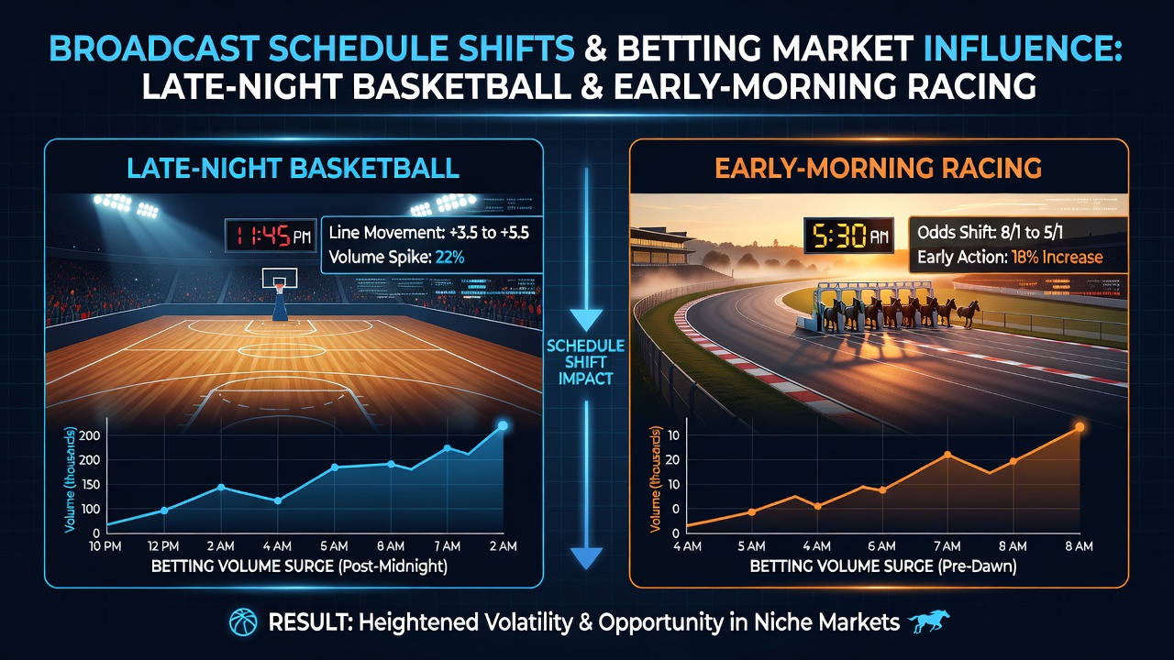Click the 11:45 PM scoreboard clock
click(x=271, y=236)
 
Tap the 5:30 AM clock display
click(x=849, y=236)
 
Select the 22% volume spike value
click(x=449, y=258)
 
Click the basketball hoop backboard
click(x=280, y=278)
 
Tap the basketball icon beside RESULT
click(x=243, y=622)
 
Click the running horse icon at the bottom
click(x=928, y=622)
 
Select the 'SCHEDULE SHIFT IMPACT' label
click(x=585, y=362)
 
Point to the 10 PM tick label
click(x=105, y=546)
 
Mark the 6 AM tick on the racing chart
click(x=881, y=546)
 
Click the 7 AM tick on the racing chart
click(x=947, y=546)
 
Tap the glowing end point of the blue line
click(x=503, y=426)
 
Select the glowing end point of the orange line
click(x=1080, y=427)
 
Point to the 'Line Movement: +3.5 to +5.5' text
click(x=429, y=232)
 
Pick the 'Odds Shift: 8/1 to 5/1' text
click(x=990, y=232)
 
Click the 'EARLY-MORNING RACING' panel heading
click(x=878, y=169)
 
